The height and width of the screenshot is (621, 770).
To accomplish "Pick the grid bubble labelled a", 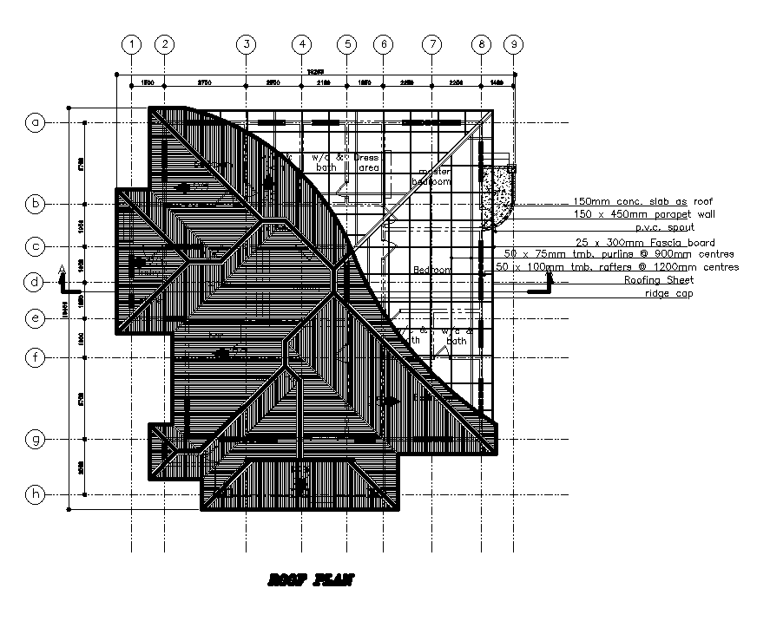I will point(36,123).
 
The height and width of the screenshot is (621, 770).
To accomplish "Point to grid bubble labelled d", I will point(36,282).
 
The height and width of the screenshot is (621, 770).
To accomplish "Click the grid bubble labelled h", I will point(36,494).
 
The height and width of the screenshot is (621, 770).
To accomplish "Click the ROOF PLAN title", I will point(311,581).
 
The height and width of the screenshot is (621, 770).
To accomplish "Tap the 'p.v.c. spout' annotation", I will point(664,226).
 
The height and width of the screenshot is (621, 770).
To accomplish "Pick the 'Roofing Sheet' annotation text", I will point(659,280).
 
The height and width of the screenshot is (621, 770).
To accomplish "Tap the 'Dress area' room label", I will point(369,162).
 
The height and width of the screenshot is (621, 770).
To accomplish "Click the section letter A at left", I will point(61,270).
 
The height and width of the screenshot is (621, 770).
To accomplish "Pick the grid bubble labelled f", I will point(36,356).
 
